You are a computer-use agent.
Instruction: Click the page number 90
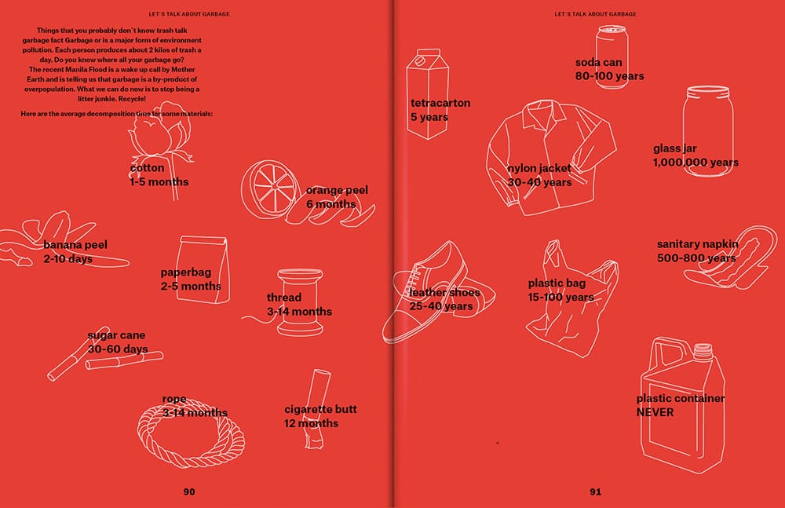click(x=189, y=492)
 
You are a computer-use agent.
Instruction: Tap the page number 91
click(x=595, y=492)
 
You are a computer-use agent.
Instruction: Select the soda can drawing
click(x=612, y=57)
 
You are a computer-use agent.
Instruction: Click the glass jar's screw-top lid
click(x=708, y=92)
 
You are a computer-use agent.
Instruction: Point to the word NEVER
click(x=655, y=412)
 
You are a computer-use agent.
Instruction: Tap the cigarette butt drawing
click(x=315, y=408)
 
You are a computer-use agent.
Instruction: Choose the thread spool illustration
click(x=299, y=302)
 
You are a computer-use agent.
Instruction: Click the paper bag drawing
click(x=204, y=269)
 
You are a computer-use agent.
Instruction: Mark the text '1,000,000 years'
click(x=696, y=163)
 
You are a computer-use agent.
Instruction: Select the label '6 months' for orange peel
click(x=331, y=204)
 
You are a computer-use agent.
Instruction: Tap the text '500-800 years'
click(x=696, y=258)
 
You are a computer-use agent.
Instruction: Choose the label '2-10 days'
click(x=68, y=259)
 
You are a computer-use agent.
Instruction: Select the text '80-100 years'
click(x=609, y=76)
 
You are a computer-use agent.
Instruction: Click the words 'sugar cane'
click(x=116, y=335)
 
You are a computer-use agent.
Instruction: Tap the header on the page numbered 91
click(x=595, y=14)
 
